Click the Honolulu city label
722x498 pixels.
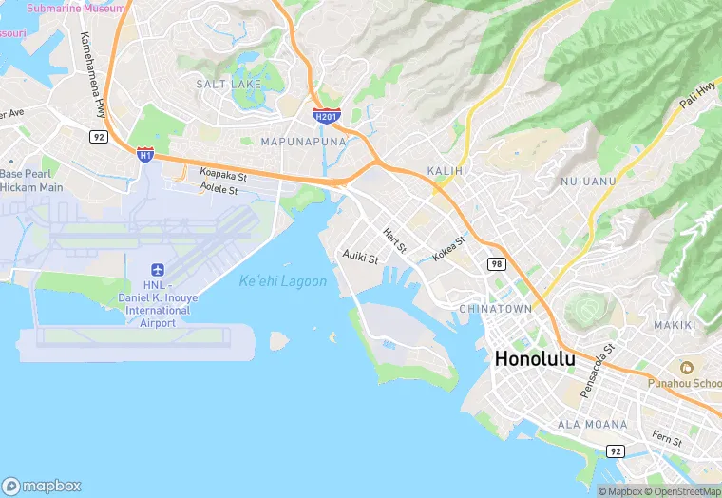(535, 359)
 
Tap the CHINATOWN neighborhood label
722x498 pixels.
(495, 309)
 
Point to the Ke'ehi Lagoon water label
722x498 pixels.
(283, 281)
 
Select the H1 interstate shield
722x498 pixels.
(144, 153)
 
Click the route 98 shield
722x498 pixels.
(496, 263)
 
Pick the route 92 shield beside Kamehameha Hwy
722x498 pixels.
(98, 137)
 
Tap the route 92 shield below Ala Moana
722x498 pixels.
(616, 450)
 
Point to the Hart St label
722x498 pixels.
(394, 240)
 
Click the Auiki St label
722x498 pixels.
(360, 258)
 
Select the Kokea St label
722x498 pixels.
(448, 249)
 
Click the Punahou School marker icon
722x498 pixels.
(682, 367)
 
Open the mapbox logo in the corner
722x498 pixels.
(42, 485)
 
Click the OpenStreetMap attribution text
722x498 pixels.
(684, 491)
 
